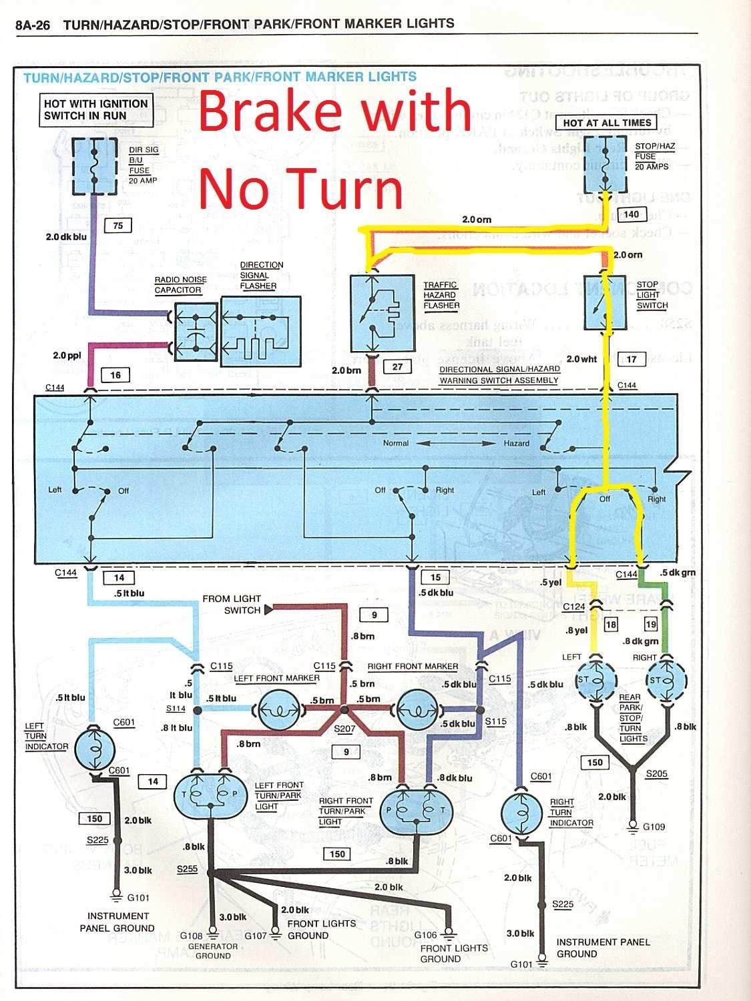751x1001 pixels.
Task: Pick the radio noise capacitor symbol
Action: pyautogui.click(x=195, y=332)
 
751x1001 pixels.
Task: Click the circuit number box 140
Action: pyautogui.click(x=631, y=214)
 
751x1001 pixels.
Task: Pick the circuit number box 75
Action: pyautogui.click(x=117, y=226)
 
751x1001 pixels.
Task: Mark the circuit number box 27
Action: pyautogui.click(x=397, y=366)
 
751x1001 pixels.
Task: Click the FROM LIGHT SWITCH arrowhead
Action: pyautogui.click(x=269, y=609)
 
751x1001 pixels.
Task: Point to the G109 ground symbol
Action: pyautogui.click(x=632, y=827)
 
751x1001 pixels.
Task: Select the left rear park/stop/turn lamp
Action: pyautogui.click(x=595, y=681)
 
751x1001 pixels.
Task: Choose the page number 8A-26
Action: pyautogui.click(x=33, y=25)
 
